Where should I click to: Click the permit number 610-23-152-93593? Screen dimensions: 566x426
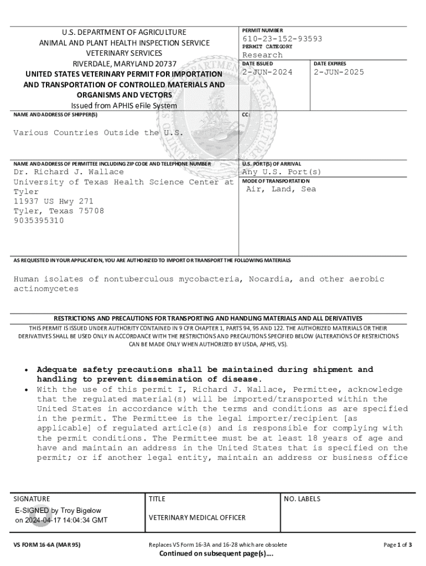pos(282,39)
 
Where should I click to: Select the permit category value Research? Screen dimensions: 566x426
pos(262,55)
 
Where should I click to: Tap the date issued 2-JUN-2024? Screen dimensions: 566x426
pos(267,72)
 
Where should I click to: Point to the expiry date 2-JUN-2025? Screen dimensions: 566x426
pos(339,72)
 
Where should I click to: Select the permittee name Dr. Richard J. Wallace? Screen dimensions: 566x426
pos(69,172)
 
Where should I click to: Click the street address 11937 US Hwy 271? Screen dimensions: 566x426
pos(53,201)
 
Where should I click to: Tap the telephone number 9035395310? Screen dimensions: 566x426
pos(39,221)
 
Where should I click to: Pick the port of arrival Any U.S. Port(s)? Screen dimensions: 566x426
pos(282,172)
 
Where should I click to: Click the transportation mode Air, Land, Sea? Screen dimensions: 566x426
pos(281,189)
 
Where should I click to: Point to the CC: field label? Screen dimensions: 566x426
pos(246,114)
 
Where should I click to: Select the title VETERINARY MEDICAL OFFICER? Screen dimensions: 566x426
pos(197,517)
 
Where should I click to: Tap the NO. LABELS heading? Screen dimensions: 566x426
pos(302,499)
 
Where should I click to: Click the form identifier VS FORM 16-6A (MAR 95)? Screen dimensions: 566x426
pos(47,544)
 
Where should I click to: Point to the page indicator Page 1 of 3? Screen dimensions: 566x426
pos(397,544)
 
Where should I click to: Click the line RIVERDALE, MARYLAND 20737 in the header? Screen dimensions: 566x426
pos(125,64)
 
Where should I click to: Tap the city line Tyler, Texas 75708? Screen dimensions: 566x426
pos(59,211)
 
